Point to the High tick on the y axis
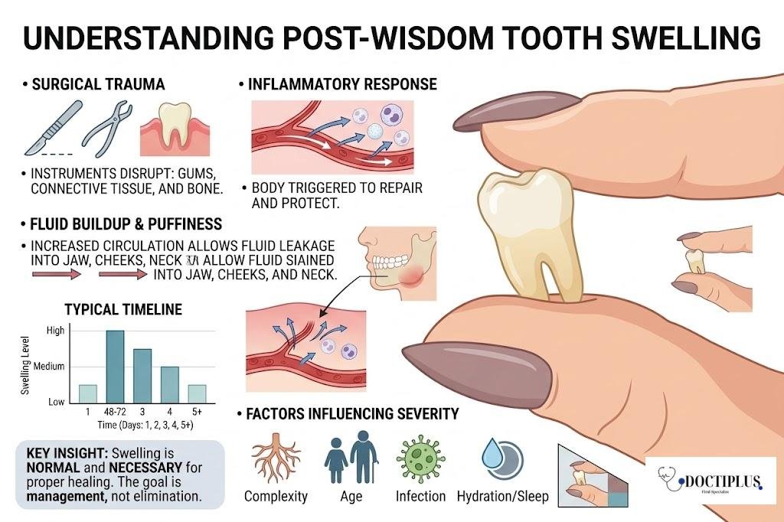pos(56,331)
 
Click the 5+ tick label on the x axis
pos(198,411)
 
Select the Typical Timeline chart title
pos(122,310)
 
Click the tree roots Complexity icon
pos(275,460)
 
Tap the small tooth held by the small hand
pos(695,261)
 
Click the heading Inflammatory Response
pos(341,83)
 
